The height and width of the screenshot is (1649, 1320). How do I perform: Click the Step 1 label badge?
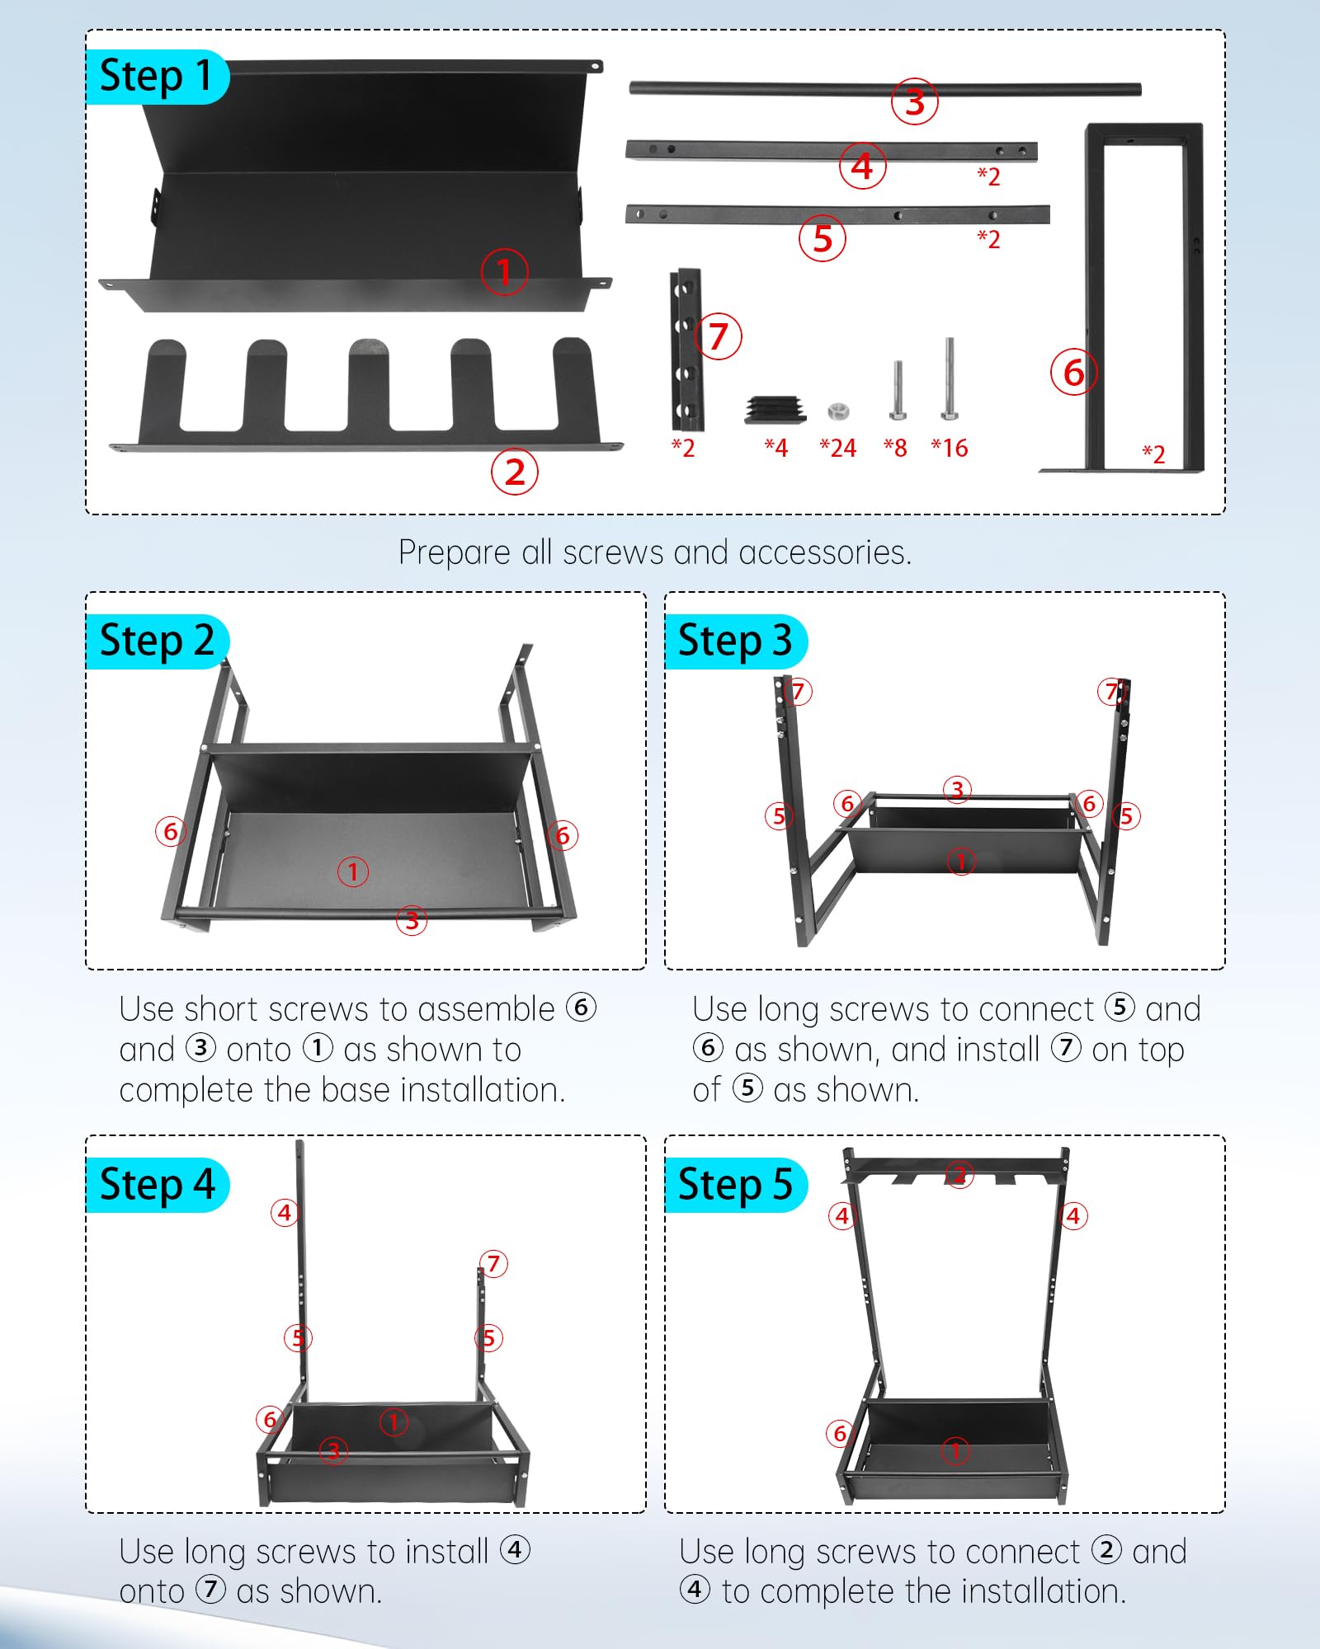pos(157,77)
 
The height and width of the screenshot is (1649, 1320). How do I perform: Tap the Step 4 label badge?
pos(157,1185)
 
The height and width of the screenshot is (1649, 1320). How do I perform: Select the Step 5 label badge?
pos(735,1185)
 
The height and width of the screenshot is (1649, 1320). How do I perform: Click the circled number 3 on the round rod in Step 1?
pos(914,101)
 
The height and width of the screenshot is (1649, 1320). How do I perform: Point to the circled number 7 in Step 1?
pos(718,336)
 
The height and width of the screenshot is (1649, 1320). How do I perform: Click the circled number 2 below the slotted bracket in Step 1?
pos(514,472)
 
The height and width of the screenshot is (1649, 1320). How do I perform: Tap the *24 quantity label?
pos(837,448)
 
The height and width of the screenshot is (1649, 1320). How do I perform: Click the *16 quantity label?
pos(949,448)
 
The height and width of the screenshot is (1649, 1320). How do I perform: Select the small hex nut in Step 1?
pos(838,411)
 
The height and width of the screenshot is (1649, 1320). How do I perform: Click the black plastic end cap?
pos(775,409)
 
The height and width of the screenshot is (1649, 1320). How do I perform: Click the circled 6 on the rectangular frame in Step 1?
pos(1073,373)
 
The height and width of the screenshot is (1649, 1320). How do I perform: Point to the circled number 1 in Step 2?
pos(353,871)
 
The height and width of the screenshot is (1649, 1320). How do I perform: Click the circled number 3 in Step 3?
pos(957,790)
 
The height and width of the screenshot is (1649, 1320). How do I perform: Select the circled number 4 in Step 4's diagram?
pos(285,1212)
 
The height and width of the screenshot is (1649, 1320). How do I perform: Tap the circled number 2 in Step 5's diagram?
pos(959,1174)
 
